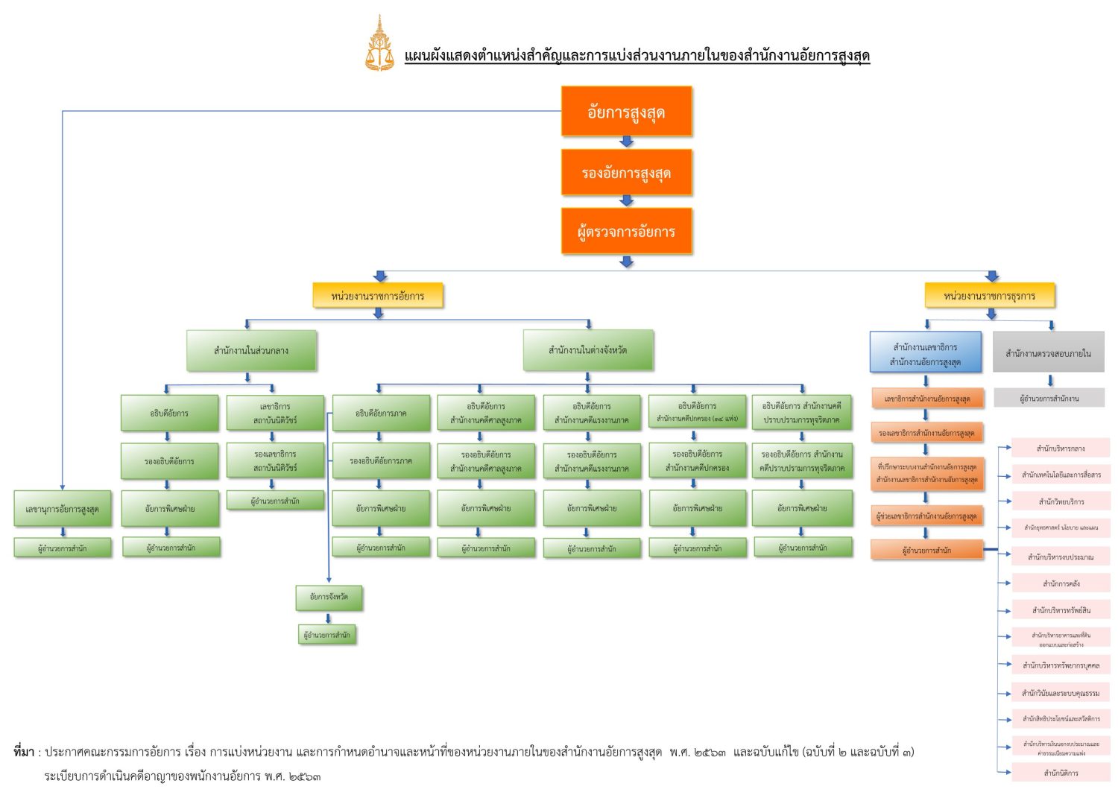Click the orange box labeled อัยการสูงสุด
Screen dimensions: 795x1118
pyautogui.click(x=626, y=112)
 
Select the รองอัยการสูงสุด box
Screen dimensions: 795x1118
pyautogui.click(x=626, y=173)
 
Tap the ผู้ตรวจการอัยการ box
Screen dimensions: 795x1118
pyautogui.click(x=626, y=231)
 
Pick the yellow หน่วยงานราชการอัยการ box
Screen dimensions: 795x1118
pyautogui.click(x=377, y=296)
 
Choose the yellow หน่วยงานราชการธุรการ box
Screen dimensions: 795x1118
pyautogui.click(x=989, y=296)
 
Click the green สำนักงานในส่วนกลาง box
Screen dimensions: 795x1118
pyautogui.click(x=251, y=350)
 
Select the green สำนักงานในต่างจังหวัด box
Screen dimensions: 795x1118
pyautogui.click(x=587, y=350)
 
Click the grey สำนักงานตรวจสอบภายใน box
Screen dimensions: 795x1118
pyautogui.click(x=1048, y=353)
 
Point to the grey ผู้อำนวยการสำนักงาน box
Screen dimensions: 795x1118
pyautogui.click(x=1049, y=399)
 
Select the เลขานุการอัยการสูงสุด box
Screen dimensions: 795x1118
pyautogui.click(x=62, y=509)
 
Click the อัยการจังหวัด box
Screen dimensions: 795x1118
pyautogui.click(x=329, y=597)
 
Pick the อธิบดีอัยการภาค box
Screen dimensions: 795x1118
pyautogui.click(x=381, y=414)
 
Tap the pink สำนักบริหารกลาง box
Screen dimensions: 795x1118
pyautogui.click(x=1060, y=449)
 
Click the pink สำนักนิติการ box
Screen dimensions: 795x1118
pyautogui.click(x=1060, y=773)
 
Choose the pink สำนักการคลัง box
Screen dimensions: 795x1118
pyautogui.click(x=1060, y=583)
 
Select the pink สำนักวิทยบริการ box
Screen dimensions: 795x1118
pyautogui.click(x=1060, y=501)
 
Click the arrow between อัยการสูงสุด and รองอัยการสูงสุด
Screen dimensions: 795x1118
pyautogui.click(x=626, y=142)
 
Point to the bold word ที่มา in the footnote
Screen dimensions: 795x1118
pyautogui.click(x=24, y=752)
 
